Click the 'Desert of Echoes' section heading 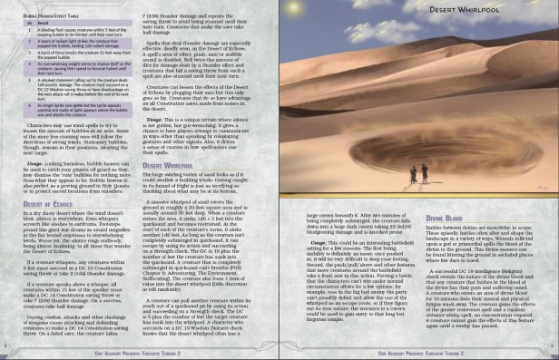pyautogui.click(x=44, y=205)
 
